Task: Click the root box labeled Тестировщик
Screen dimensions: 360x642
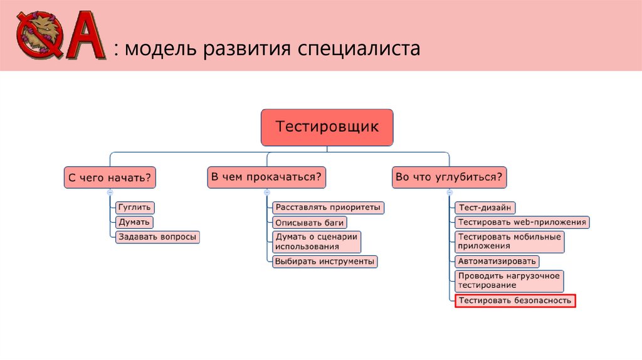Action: (327, 127)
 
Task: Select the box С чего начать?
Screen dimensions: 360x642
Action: (110, 178)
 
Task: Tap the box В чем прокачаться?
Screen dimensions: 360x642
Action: (266, 177)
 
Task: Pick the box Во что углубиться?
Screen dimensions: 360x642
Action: (450, 178)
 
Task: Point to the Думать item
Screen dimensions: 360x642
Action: (134, 222)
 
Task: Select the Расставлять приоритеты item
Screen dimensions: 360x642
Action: (328, 207)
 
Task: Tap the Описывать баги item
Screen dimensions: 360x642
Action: (310, 222)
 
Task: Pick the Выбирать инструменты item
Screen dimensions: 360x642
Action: (325, 261)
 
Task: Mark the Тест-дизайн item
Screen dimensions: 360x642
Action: (485, 207)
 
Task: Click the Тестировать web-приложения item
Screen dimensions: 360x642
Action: (522, 222)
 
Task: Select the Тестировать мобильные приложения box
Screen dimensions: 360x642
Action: (508, 241)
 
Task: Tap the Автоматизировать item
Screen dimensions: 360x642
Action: (497, 261)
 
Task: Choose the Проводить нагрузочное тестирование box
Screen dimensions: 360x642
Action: (508, 280)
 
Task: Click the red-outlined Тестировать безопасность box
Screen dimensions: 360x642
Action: (514, 301)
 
